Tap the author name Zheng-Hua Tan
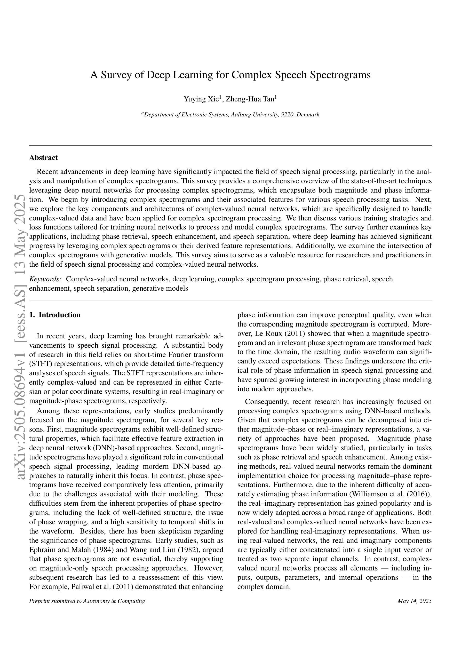click(x=250, y=99)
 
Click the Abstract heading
click(x=43, y=158)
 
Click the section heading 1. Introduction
click(x=55, y=315)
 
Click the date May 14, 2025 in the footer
click(x=415, y=601)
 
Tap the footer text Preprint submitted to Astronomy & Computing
click(x=87, y=601)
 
